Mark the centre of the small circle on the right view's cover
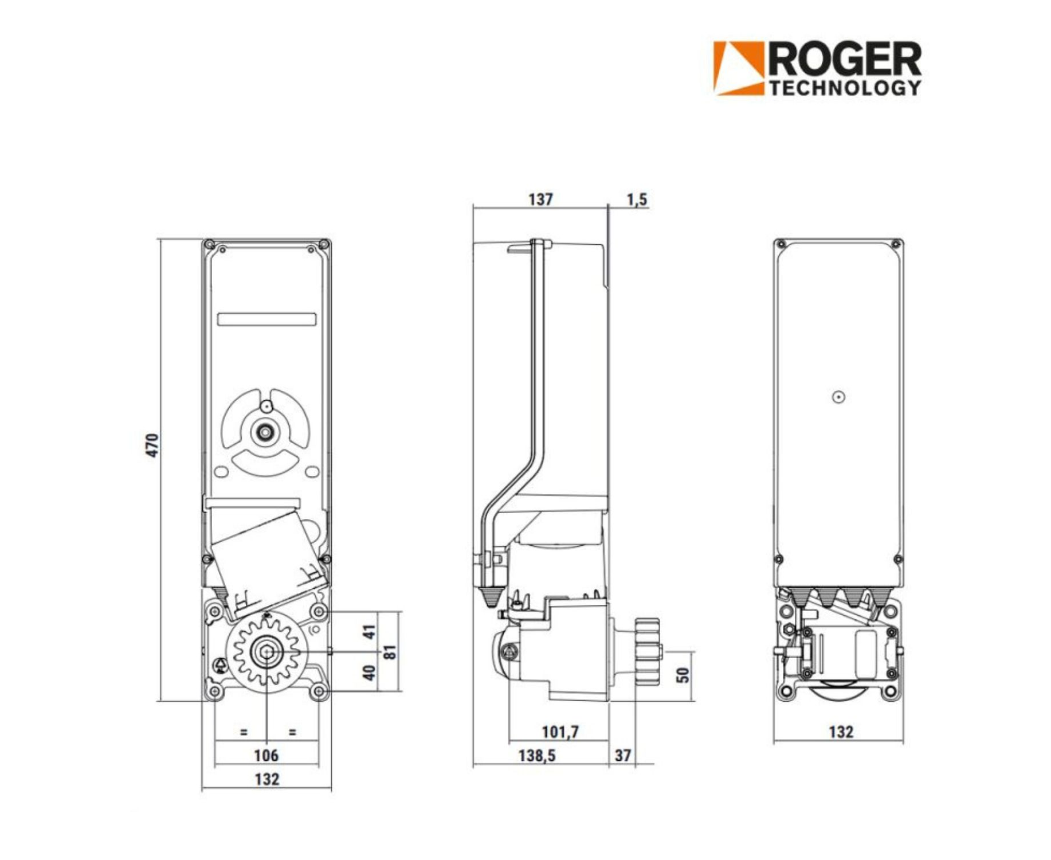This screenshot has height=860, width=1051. pyautogui.click(x=839, y=397)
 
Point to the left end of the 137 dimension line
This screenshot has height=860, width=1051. pyautogui.click(x=473, y=206)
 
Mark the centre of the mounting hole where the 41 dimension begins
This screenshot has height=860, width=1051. pyautogui.click(x=319, y=612)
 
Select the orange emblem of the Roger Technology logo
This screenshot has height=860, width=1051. pyautogui.click(x=738, y=68)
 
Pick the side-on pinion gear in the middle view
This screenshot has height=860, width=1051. pyautogui.click(x=648, y=652)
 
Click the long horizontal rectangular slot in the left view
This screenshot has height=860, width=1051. pyautogui.click(x=266, y=319)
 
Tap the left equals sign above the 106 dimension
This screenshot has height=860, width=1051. pyautogui.click(x=244, y=732)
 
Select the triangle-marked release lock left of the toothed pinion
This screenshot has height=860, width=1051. pyautogui.click(x=220, y=665)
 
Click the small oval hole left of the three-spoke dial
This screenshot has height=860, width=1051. pyautogui.click(x=221, y=472)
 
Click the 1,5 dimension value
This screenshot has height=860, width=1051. pyautogui.click(x=637, y=200)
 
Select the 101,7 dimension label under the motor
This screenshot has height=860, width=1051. pyautogui.click(x=560, y=732)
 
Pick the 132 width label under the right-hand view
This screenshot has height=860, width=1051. pyautogui.click(x=841, y=732)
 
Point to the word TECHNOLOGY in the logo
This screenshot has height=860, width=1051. pyautogui.click(x=845, y=88)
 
